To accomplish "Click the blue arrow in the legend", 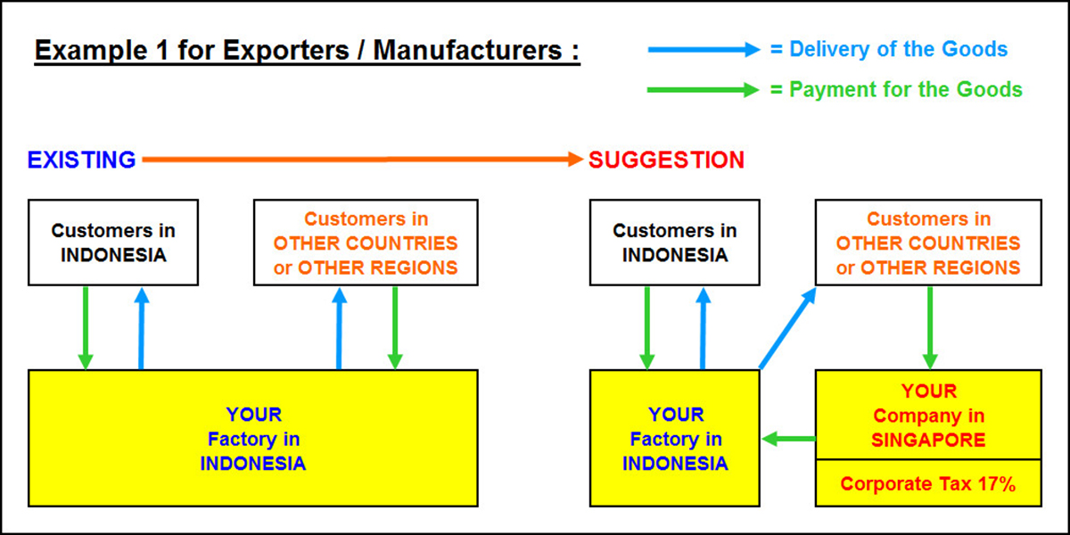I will [702, 51].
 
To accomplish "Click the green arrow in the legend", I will [702, 90].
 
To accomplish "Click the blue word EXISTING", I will [81, 160].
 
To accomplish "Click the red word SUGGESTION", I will [666, 160].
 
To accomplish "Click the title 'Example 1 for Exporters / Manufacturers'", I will [307, 50].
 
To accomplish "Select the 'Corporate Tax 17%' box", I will [928, 484].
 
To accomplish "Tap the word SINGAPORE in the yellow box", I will [928, 440].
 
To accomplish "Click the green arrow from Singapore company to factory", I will [789, 438].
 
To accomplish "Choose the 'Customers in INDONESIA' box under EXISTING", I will [113, 243].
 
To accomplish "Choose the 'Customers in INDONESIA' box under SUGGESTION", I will [675, 243].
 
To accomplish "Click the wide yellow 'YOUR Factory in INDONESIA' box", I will [253, 439].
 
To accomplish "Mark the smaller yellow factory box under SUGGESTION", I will [675, 439].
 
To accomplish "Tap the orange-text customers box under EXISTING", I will [366, 243].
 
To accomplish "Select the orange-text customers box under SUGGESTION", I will [928, 243].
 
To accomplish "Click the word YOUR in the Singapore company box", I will [928, 391].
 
